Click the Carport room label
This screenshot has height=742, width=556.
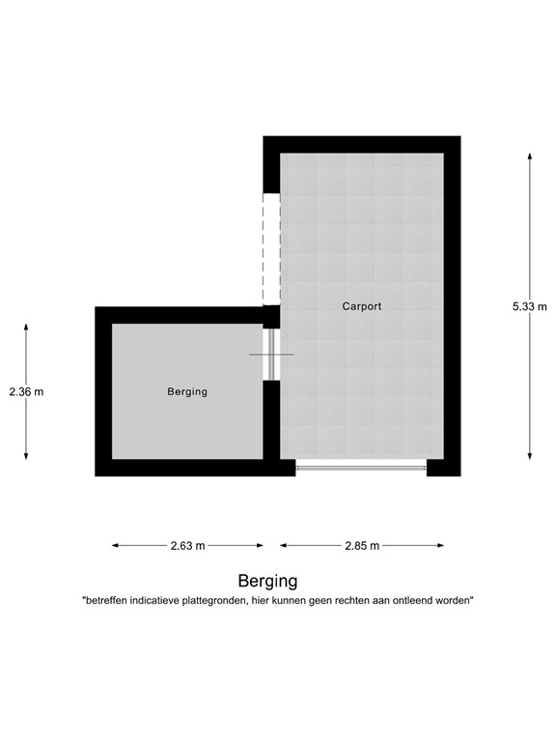point(362,306)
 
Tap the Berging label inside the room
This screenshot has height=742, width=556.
point(187,391)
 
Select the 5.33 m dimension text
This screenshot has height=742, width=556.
point(529,306)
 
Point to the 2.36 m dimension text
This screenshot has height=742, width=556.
point(26,391)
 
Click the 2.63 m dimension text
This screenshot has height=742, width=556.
point(187,546)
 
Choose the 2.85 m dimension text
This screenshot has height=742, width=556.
point(362,546)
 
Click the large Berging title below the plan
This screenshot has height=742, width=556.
point(267,581)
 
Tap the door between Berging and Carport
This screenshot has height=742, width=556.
point(271,355)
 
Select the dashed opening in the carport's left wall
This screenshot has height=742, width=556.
point(271,249)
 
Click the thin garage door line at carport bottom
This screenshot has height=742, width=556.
point(361,468)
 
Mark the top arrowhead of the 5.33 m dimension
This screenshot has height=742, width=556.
point(529,155)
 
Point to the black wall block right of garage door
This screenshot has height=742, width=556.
point(443,468)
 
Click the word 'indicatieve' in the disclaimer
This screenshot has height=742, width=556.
point(161,601)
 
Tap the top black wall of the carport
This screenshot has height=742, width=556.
point(362,144)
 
